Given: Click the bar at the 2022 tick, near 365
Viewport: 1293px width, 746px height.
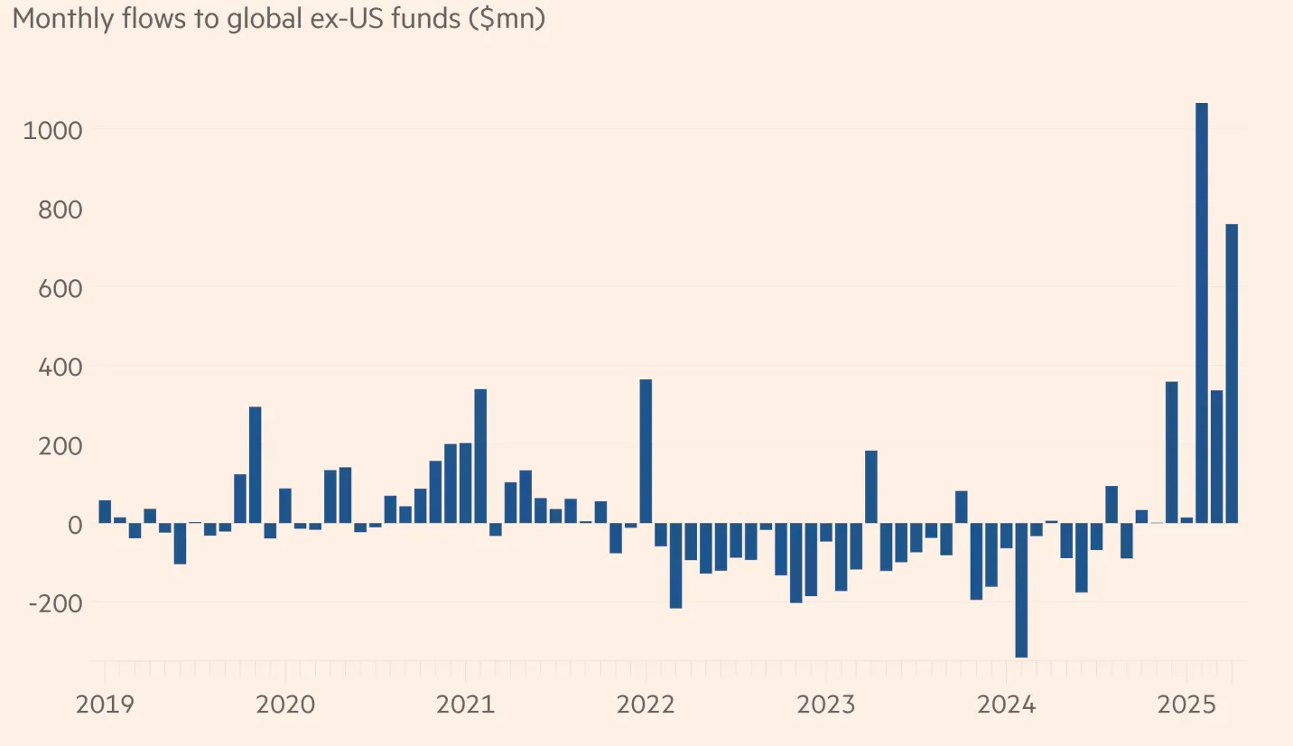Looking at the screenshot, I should click(x=646, y=451).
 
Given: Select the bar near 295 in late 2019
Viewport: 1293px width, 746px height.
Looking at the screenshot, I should click(x=256, y=464).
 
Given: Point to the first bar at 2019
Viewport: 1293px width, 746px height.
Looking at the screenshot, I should click(x=105, y=511).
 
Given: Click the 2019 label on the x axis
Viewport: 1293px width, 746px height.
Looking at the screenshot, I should click(x=105, y=704).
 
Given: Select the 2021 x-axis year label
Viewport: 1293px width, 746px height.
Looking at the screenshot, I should click(x=465, y=704).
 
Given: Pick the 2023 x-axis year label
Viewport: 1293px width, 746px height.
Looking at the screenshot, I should click(x=825, y=704).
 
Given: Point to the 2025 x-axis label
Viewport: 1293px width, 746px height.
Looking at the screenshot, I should click(x=1186, y=704).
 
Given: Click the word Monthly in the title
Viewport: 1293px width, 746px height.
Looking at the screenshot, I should click(x=63, y=19).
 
